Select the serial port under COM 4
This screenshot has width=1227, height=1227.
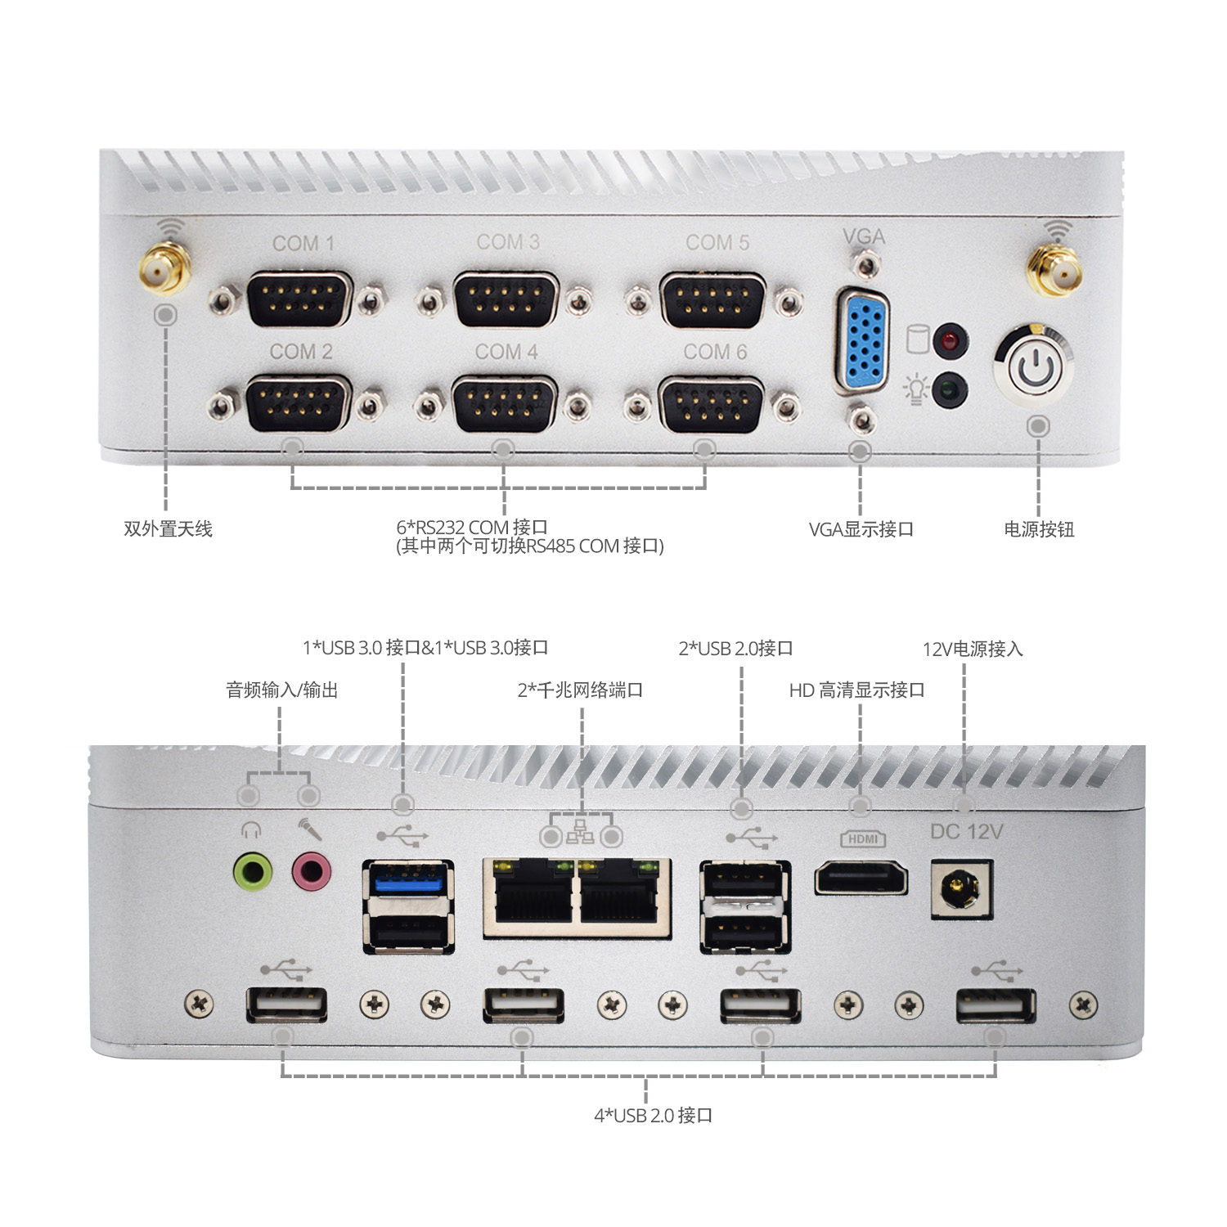tap(505, 404)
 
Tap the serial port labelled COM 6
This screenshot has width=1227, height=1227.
tap(712, 404)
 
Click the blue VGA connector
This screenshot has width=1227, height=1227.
tap(863, 340)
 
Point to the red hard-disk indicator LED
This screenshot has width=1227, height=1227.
tap(951, 339)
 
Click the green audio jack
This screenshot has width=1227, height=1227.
tap(253, 871)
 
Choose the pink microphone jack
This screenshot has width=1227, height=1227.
tap(312, 871)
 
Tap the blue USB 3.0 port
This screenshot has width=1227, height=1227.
tap(408, 880)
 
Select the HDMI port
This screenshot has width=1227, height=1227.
tap(861, 879)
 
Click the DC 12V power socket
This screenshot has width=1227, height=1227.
tap(961, 889)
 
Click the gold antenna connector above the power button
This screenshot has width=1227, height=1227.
tap(1056, 271)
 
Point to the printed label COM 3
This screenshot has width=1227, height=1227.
tap(508, 242)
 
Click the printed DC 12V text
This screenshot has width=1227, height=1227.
tap(966, 832)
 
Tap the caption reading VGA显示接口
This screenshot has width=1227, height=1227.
tap(861, 529)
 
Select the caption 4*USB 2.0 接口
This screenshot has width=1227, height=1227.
tap(653, 1115)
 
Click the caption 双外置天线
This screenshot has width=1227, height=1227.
tap(168, 529)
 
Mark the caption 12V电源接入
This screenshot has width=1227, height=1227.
tap(973, 649)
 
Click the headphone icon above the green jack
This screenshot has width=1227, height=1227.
tap(250, 831)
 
